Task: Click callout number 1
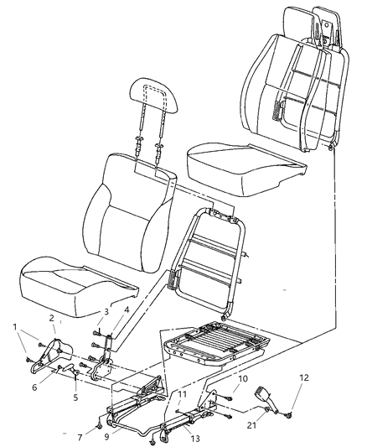[14, 325]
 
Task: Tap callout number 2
[52, 318]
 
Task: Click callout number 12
[303, 377]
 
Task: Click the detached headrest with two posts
[158, 101]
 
